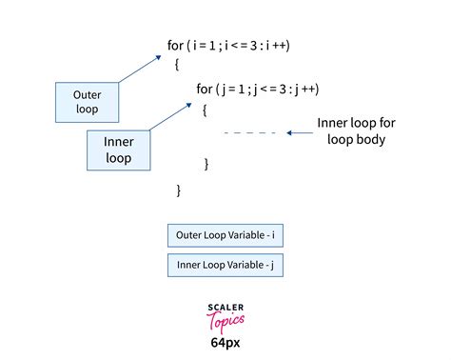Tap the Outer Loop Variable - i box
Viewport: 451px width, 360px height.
(225, 234)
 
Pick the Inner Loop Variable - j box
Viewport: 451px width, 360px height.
(225, 265)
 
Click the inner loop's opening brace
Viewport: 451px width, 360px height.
(205, 110)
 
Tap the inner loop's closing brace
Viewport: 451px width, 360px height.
(206, 164)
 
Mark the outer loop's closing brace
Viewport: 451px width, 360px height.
(178, 190)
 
